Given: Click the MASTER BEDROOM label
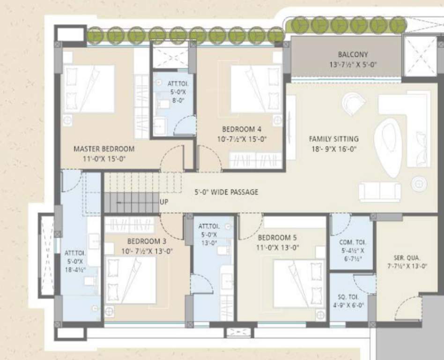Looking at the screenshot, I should click(104, 149).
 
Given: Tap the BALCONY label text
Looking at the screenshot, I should click(353, 54).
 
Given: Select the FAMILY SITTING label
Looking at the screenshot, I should click(333, 139).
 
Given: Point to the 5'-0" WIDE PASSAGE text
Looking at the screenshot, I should click(226, 192).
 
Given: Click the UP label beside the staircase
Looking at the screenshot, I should click(164, 202).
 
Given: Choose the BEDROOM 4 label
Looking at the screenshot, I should click(241, 129).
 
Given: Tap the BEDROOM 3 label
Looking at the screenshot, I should click(147, 241).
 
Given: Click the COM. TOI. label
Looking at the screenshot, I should click(353, 242).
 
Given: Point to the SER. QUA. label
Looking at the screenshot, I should click(407, 258).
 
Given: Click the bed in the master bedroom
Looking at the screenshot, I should click(89, 89).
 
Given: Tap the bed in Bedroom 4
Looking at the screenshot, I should click(255, 89).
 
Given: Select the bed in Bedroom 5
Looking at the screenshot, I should click(299, 284).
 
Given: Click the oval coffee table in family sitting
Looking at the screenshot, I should click(388, 147).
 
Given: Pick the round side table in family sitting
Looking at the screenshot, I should click(419, 184).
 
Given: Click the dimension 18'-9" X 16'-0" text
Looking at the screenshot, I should click(333, 149).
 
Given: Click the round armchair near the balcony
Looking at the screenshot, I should click(354, 104).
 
